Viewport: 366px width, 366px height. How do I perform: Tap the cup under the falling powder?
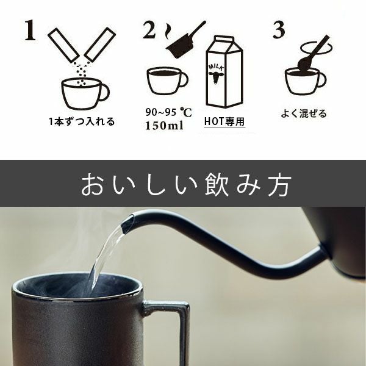pos(82,93)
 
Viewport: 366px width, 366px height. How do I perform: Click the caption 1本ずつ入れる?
pos(82,121)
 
